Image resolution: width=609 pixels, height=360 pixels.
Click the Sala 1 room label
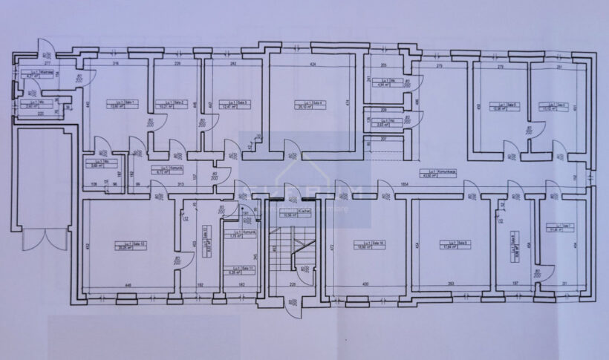tap(115, 105)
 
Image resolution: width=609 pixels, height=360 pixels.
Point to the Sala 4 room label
tap(304, 105)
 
